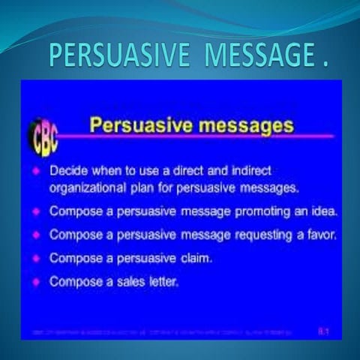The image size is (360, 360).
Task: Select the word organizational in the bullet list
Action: [88, 188]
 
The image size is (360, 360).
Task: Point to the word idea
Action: [325, 211]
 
